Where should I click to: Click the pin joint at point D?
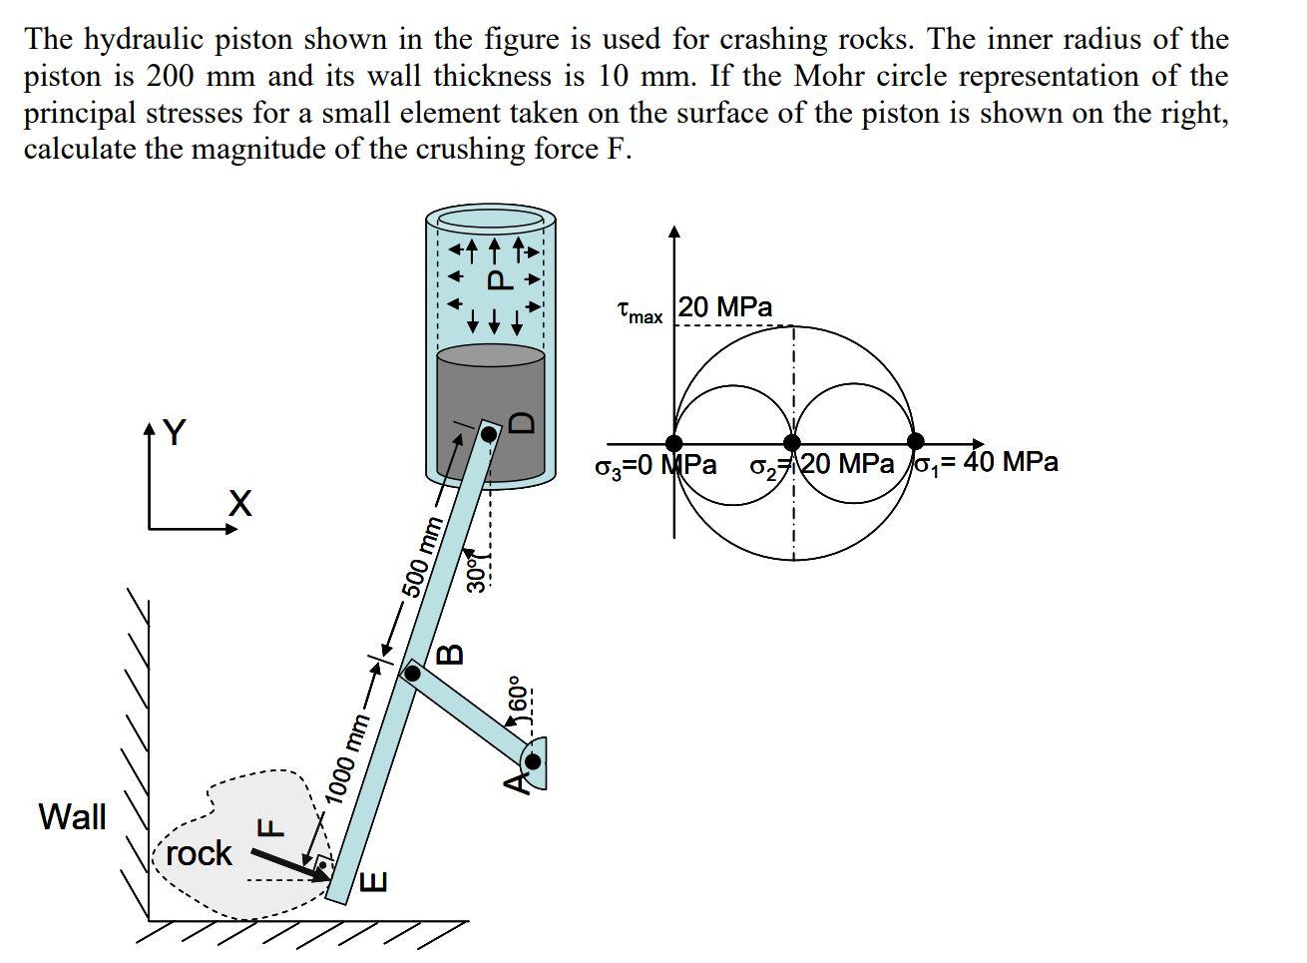[x=489, y=434]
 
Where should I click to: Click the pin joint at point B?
[x=412, y=674]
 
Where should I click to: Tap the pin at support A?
[x=533, y=762]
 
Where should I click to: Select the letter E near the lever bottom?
[x=372, y=881]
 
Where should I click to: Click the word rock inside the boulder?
[x=199, y=853]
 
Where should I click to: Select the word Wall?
[x=72, y=816]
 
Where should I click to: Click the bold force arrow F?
[x=288, y=864]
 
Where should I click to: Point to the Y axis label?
[x=174, y=432]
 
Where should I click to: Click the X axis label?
[x=239, y=504]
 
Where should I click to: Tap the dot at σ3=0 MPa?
[x=674, y=443]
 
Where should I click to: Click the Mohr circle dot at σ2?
[x=792, y=443]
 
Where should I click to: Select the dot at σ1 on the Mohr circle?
[x=915, y=443]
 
